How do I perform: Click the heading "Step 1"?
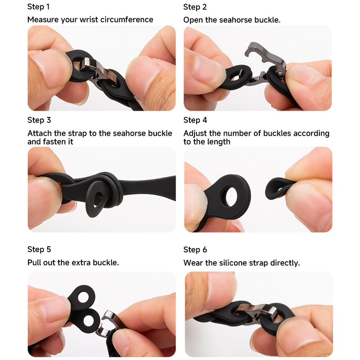[38, 7]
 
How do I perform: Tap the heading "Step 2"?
[195, 7]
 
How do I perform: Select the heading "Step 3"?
[39, 120]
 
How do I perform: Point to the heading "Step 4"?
[195, 120]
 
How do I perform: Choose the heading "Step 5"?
[39, 249]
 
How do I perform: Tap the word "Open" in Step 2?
[193, 20]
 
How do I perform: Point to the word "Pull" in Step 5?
[34, 262]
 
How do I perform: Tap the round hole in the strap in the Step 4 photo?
[231, 197]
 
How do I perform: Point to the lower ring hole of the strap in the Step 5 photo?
[89, 321]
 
